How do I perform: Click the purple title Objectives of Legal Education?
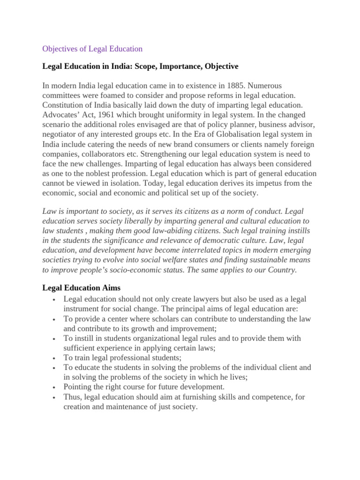click(92, 49)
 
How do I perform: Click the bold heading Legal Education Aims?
click(82, 288)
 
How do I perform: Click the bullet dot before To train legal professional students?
click(55, 359)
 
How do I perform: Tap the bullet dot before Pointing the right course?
click(55, 388)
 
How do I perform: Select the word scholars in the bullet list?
click(150, 319)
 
